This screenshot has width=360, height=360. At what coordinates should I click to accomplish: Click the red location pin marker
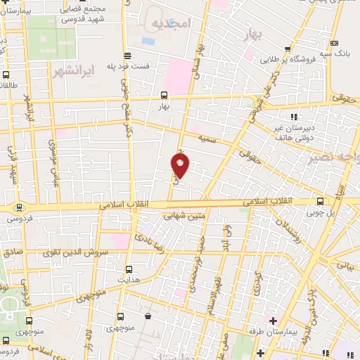[x=181, y=165]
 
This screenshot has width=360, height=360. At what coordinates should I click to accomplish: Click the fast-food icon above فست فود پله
[x=128, y=56]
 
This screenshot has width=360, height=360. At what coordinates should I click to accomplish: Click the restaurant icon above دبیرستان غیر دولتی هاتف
[x=293, y=116]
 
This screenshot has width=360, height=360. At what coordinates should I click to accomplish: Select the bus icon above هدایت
[x=128, y=269]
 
